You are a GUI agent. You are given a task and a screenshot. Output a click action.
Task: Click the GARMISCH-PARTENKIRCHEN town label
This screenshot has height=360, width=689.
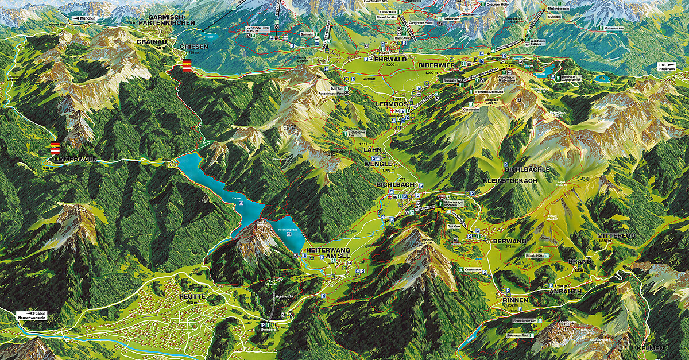coord(172,21)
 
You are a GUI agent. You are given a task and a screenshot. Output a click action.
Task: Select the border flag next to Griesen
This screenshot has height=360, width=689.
coord(187,65)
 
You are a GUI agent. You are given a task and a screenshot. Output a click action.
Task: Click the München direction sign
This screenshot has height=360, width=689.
coord(85,19)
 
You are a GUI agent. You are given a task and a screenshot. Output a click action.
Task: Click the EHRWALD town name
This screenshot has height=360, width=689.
coord(389,60)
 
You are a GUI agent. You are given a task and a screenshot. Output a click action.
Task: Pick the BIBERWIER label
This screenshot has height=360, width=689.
coord(437,66)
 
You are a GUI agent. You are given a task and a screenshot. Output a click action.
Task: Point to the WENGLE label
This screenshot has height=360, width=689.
coord(378,164)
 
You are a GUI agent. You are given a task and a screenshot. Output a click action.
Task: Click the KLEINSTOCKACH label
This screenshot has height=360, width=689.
coord(510,180)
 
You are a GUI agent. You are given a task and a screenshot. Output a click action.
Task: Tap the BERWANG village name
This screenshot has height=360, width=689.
coord(510,242)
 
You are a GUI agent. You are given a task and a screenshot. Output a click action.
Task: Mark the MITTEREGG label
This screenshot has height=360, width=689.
coord(617,236)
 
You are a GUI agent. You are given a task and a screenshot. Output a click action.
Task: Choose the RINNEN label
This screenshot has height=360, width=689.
coord(514,300)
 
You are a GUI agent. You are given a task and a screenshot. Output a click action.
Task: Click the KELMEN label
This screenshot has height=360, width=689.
coord(650,349)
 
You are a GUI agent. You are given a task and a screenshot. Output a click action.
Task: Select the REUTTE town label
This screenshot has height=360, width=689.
coord(192,296)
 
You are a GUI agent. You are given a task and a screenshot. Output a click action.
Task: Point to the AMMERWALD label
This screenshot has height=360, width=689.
coord(73,158)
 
